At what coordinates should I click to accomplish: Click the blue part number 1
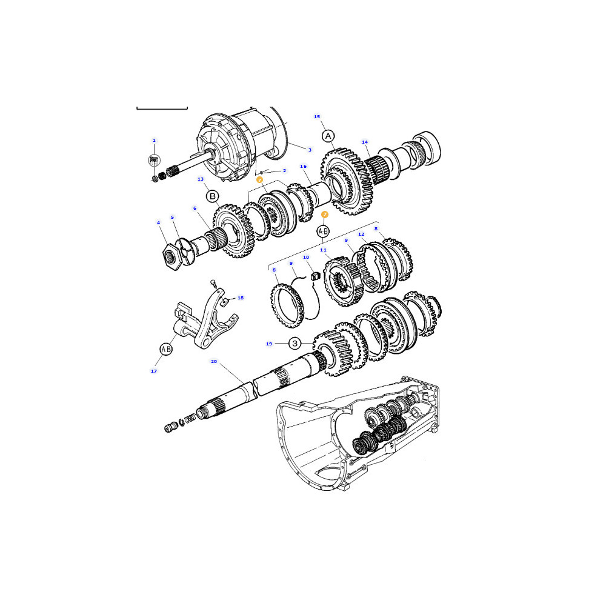point(154,141)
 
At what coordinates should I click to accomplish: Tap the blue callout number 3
point(310,150)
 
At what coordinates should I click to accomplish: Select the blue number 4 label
point(158,222)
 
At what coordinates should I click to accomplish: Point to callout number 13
point(200,179)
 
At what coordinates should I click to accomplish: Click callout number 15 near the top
point(317,116)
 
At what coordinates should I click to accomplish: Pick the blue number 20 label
point(214,361)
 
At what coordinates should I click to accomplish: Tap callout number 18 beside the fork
point(241,298)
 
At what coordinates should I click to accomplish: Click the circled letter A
point(328,136)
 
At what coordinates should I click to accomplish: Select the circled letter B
point(212,196)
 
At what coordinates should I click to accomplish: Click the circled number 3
point(295,343)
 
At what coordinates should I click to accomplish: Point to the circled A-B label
point(323,231)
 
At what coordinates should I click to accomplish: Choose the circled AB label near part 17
point(166,350)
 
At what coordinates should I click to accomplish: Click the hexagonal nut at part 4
point(172,257)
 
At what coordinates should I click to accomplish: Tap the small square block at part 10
point(316,276)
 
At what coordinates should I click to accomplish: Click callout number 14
point(364,142)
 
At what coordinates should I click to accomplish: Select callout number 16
point(304,166)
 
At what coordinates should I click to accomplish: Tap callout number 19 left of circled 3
point(269,344)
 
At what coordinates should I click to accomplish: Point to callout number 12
point(361,234)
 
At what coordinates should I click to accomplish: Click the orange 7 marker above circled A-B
point(325,215)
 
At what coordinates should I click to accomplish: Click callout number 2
point(284,170)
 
